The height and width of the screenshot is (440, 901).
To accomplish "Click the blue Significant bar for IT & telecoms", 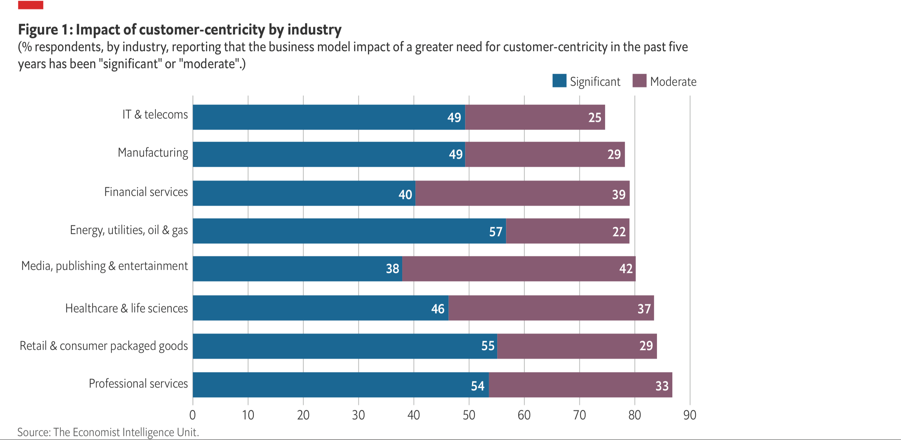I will point(329,117).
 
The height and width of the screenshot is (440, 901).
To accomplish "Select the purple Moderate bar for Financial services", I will point(522,193).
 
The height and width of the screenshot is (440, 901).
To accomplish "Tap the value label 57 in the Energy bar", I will point(496,232).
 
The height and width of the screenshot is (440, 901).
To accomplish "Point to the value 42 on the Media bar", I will point(626,268).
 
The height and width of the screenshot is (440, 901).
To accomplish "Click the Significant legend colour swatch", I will point(559,81).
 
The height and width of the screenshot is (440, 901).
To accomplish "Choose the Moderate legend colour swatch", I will point(639,81).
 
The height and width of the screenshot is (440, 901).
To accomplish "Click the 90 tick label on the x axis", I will point(690,415).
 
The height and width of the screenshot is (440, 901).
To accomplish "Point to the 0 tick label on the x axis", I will point(192,415).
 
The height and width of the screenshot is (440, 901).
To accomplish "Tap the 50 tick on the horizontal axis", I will point(469,415).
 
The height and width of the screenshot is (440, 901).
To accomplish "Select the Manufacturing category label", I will point(153,153).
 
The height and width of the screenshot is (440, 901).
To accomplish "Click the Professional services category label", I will point(138,384).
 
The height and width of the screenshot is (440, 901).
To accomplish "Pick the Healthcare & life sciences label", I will point(127,308).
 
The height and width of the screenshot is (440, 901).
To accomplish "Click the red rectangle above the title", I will point(31,5).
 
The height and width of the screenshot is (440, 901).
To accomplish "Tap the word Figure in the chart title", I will point(38,30).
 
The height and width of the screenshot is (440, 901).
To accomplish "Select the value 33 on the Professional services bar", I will point(662,386).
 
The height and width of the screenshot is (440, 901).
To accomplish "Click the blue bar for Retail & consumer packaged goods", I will point(345,346).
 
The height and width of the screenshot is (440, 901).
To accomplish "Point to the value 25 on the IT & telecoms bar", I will point(595,118).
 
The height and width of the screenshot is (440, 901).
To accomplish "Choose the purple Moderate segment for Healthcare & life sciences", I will point(551,308).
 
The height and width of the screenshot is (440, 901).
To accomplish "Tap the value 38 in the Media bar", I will point(392,268).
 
